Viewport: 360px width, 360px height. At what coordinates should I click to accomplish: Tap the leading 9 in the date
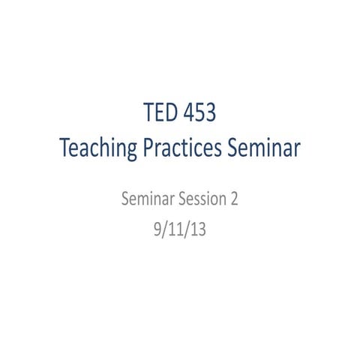tap(155, 225)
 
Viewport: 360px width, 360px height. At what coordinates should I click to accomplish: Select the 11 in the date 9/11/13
tap(175, 225)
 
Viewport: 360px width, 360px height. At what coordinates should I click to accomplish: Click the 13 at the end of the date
tap(197, 225)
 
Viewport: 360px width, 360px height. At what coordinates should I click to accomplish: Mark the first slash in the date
tap(163, 225)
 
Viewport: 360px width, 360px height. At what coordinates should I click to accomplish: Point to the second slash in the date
tap(186, 225)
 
